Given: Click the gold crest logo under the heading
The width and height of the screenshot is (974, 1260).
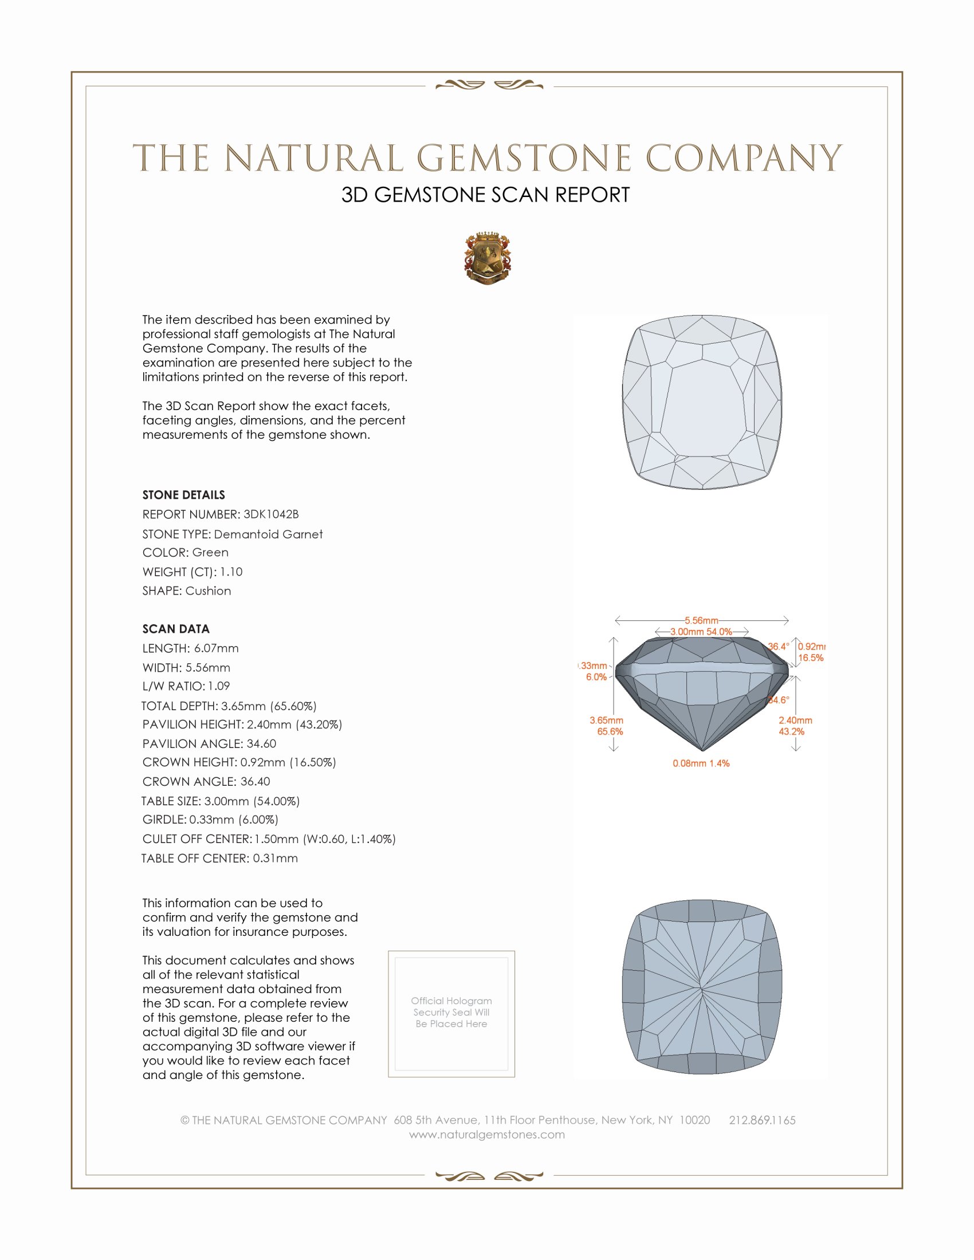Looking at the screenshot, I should (487, 258).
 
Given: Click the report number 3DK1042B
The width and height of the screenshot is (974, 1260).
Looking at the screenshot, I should (270, 514).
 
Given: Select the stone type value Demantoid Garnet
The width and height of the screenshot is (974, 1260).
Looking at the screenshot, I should (268, 534).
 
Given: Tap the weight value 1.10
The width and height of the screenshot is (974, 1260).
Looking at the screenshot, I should (231, 572).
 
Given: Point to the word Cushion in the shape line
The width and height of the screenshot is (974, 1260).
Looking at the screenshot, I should (208, 591).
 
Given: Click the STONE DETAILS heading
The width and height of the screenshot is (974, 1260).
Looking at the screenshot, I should (183, 495).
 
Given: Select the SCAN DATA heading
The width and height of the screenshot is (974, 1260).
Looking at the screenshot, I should (176, 629).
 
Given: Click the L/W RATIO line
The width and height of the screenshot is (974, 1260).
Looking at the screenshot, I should (186, 686).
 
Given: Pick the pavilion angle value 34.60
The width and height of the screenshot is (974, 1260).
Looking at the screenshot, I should (261, 743).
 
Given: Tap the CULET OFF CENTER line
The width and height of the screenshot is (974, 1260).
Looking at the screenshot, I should (269, 839).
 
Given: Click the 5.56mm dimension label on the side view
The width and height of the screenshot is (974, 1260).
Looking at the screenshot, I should (701, 620).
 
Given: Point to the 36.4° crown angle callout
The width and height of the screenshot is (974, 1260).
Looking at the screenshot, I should (779, 646).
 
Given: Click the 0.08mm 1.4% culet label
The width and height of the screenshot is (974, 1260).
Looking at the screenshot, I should (701, 763).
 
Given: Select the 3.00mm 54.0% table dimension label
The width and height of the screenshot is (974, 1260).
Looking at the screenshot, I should (701, 632).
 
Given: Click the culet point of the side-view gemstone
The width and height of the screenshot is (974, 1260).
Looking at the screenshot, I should (703, 751).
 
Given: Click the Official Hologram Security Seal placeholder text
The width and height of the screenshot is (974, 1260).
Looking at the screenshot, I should (451, 1012).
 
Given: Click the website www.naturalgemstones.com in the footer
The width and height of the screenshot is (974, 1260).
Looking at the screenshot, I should (487, 1134).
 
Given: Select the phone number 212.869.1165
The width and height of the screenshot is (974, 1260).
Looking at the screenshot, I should (761, 1120).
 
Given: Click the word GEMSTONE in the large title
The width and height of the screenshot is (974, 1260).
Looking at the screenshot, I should (524, 158).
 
